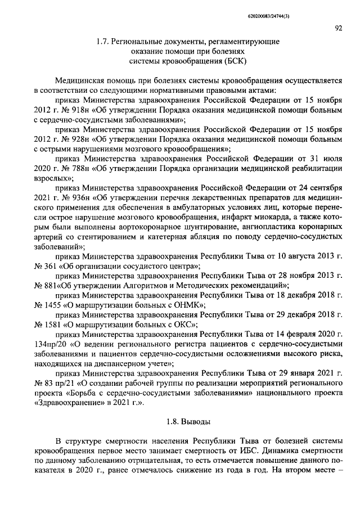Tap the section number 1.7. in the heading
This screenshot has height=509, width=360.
(103, 41)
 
